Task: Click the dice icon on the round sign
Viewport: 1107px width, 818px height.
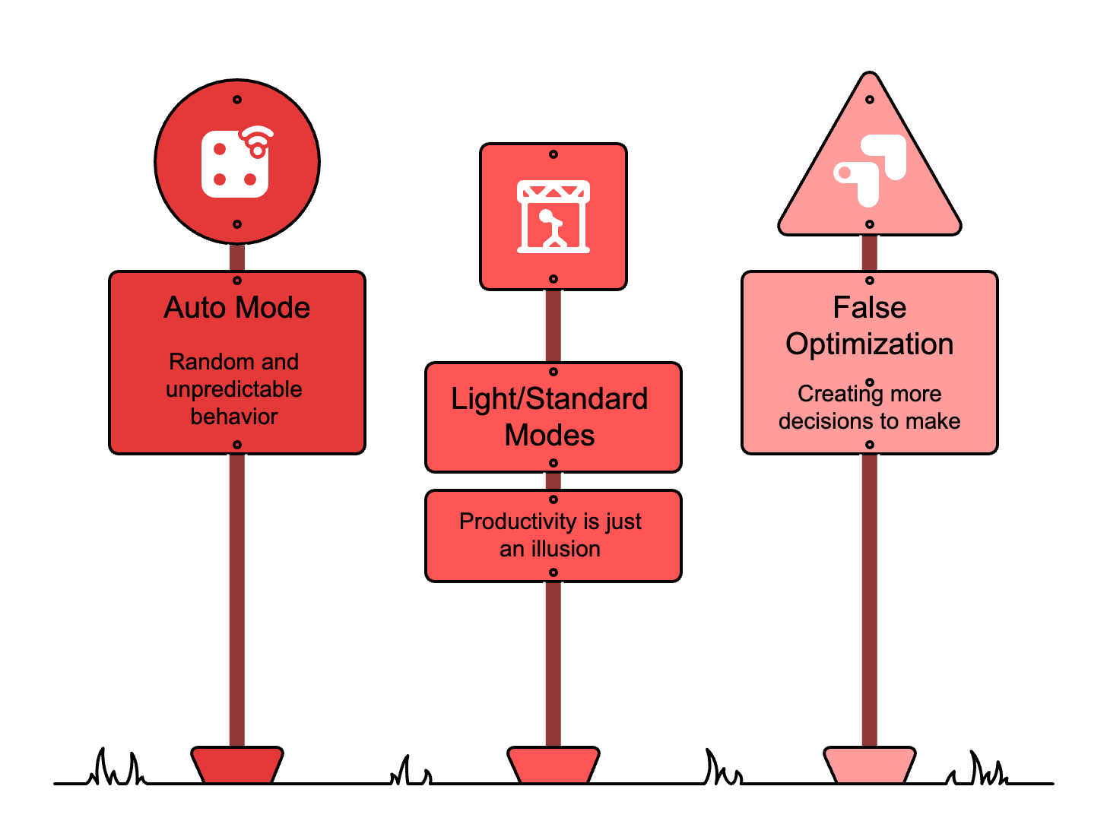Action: point(235,163)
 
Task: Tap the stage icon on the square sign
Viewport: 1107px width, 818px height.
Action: point(553,217)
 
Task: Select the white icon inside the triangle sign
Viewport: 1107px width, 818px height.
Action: point(870,171)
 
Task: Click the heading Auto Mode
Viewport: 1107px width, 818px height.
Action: point(237,308)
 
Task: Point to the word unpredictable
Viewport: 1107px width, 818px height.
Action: point(234,389)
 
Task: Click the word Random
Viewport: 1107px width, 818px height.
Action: point(201,361)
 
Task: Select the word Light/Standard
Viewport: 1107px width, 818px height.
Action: point(549,399)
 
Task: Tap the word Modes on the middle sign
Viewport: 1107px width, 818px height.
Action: point(550,436)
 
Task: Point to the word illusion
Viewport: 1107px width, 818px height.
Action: point(566,549)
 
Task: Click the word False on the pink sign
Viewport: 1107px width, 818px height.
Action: point(870,308)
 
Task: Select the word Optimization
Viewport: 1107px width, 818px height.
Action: point(870,344)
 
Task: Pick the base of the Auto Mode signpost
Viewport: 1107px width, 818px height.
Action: point(237,764)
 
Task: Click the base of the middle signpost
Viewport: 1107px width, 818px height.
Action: point(553,764)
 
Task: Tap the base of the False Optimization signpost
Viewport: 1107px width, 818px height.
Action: point(870,764)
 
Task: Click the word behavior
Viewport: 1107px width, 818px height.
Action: point(234,417)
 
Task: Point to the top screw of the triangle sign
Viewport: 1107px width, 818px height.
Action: point(870,100)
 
